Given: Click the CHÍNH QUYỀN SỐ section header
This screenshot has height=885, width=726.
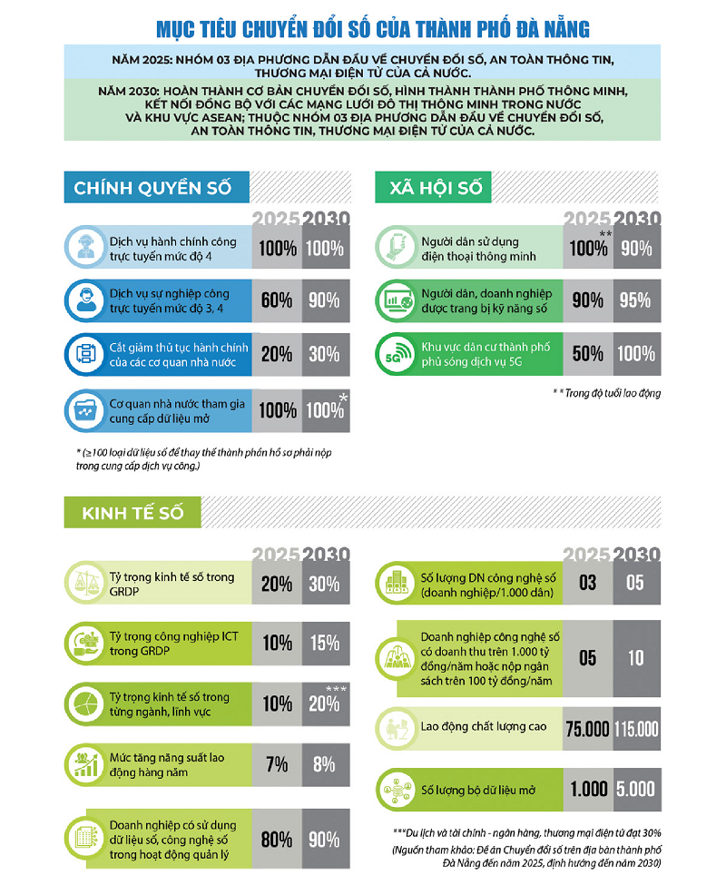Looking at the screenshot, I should point(152,188).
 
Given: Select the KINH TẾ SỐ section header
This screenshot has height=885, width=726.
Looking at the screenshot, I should point(132,513).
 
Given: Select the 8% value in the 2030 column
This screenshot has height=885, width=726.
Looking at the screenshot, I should point(324,763).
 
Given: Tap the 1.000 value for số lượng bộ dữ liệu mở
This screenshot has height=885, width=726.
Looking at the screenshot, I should point(586,790).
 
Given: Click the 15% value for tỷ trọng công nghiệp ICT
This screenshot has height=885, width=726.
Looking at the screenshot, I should point(324,643).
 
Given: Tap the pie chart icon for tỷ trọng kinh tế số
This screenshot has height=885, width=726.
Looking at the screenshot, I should point(87,703).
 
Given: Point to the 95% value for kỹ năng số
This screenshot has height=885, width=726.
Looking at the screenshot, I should point(634,300).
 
